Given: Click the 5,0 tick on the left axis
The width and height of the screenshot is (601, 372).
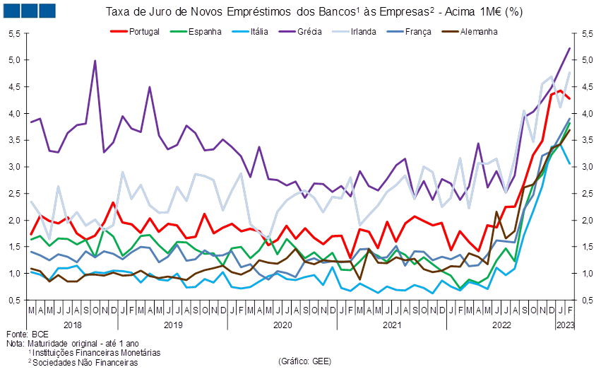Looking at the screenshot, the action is tap(14, 60).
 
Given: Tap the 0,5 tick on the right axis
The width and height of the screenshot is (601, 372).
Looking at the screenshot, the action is tap(587, 300).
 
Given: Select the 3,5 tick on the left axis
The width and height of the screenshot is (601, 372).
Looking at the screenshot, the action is tap(14, 140).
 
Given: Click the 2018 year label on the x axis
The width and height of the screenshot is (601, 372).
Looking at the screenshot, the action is tap(73, 325).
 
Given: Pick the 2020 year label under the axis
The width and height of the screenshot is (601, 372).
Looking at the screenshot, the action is tap(282, 325).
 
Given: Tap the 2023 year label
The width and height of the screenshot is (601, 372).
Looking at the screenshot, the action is tap(566, 325).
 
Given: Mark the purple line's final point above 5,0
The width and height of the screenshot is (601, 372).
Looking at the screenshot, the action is tap(570, 48).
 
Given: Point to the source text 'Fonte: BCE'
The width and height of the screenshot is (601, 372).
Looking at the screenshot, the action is tap(28, 334).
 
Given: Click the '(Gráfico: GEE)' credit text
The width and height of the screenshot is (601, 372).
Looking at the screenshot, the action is tap(304, 361).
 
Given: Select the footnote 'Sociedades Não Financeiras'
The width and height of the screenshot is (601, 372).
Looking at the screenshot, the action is tap(85, 362).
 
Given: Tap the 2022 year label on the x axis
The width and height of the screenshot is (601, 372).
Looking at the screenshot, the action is tap(501, 325).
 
